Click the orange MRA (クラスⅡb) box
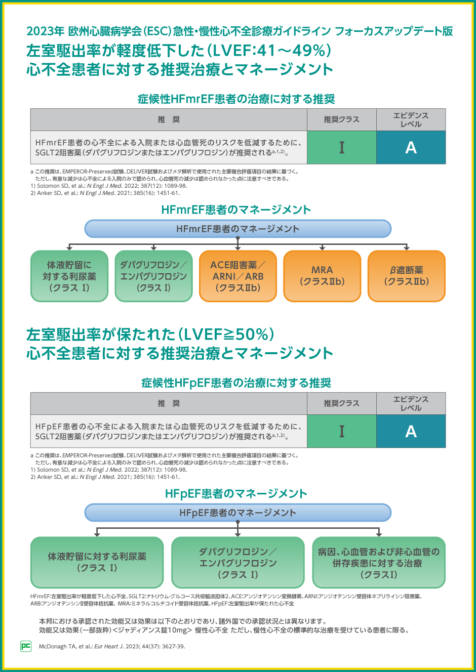[x=322, y=276]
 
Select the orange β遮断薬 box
[x=406, y=276]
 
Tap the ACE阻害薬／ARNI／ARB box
[x=237, y=276]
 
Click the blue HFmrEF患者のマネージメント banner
[x=237, y=229]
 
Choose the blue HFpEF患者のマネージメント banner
[x=237, y=513]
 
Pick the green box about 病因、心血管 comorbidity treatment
[x=378, y=563]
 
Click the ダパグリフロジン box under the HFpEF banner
[x=237, y=563]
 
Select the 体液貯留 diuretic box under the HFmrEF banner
[x=69, y=276]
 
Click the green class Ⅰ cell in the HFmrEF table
[x=341, y=147]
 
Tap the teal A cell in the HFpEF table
[x=411, y=431]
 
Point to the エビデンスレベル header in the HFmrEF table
[x=411, y=119]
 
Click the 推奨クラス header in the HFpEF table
[x=341, y=403]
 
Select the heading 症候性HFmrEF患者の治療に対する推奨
[x=236, y=99]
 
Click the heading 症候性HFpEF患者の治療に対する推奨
[x=236, y=383]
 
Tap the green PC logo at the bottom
[x=26, y=646]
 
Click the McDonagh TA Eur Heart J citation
[x=112, y=646]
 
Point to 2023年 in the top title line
[x=45, y=31]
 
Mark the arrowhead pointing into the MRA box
[x=322, y=248]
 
